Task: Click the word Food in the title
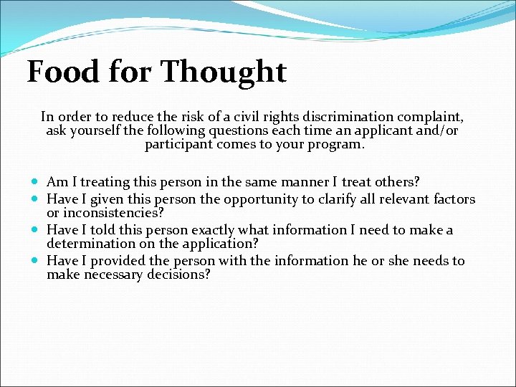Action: click(60, 72)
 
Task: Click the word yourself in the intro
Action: click(97, 131)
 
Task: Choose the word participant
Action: click(180, 145)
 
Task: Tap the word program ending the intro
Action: click(339, 145)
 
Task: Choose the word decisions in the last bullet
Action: click(178, 274)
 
